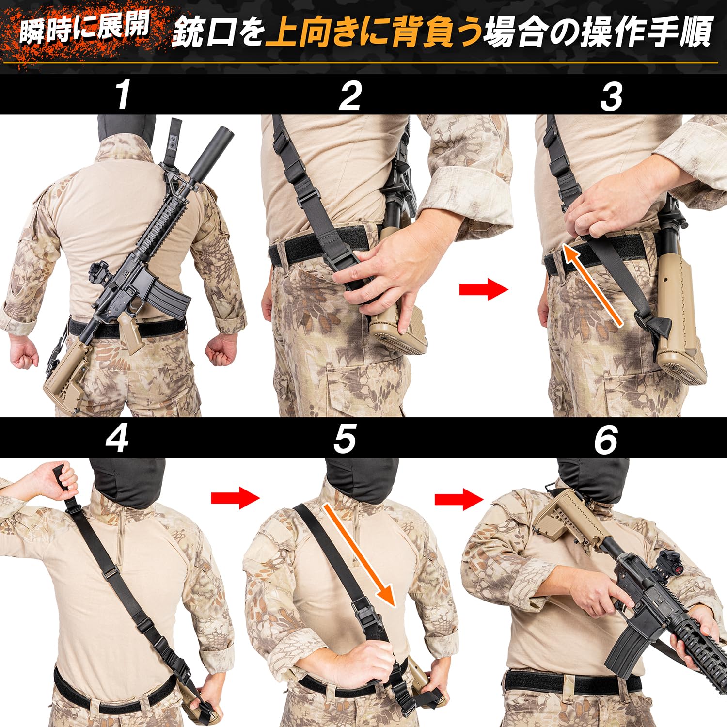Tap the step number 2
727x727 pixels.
[350, 95]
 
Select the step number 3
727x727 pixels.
[611, 96]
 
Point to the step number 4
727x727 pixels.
[117, 439]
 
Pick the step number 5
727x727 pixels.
[345, 439]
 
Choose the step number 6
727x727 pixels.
[606, 439]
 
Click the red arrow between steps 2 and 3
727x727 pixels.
[483, 290]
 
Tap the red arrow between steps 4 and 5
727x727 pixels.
[236, 498]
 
